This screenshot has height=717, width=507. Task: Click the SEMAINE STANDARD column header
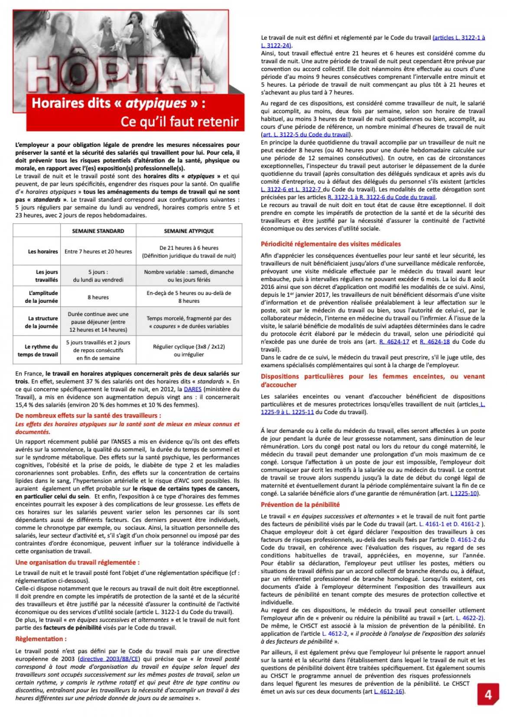(98, 231)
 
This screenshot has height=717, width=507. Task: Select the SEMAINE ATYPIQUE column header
(188, 231)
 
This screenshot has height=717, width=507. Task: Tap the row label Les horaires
(43, 251)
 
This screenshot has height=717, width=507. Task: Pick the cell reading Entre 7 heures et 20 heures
(98, 251)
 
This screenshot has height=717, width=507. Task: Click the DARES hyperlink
(192, 389)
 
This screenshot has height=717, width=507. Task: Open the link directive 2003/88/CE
(110, 659)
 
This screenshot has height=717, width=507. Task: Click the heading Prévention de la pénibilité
(300, 504)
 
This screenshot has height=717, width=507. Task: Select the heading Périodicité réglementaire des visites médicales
(331, 244)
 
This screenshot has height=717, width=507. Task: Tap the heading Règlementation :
(41, 639)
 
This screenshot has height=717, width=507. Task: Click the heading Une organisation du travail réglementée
(77, 562)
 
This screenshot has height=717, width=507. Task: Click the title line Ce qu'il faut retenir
(179, 121)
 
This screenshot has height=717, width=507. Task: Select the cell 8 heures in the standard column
(98, 297)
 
